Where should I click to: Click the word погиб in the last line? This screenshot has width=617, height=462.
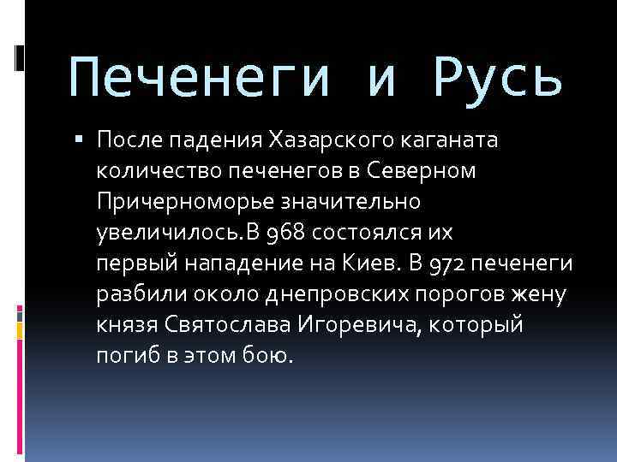124,356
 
